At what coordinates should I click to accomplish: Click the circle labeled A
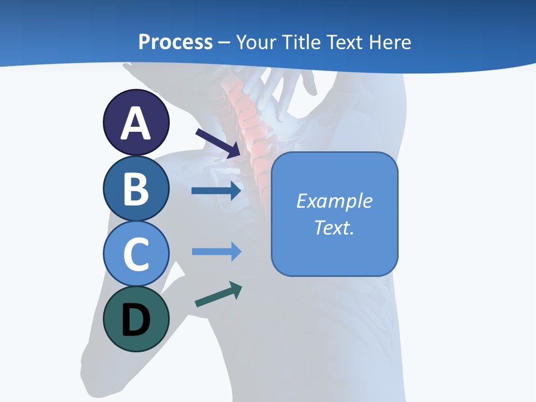[136, 123]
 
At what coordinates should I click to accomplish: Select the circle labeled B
[136, 188]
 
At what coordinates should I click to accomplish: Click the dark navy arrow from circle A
[218, 143]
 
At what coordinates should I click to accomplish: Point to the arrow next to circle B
[216, 191]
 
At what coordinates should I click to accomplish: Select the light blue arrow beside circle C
[216, 252]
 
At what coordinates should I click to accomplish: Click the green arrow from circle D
[218, 294]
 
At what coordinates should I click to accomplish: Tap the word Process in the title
[175, 42]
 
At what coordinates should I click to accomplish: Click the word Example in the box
[334, 201]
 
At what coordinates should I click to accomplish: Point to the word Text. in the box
[334, 227]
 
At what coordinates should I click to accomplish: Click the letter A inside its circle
[136, 124]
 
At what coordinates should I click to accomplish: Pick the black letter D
[136, 320]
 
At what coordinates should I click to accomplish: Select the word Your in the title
[255, 42]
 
